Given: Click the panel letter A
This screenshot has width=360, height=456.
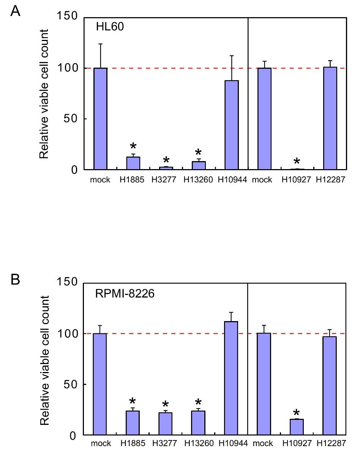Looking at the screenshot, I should coord(15,11).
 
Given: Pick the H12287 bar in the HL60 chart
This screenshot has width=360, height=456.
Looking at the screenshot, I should coord(330,118).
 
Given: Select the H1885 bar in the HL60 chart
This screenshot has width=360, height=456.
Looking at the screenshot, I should coord(133,163).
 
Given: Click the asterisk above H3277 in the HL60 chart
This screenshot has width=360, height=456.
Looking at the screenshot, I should coord(166,160).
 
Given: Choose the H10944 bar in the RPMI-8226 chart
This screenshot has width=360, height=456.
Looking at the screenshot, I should coord(231,378).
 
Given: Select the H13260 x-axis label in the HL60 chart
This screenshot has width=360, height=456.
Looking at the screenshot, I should coord(198,180).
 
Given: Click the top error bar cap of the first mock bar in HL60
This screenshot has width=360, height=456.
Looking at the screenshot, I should coord(101,44).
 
